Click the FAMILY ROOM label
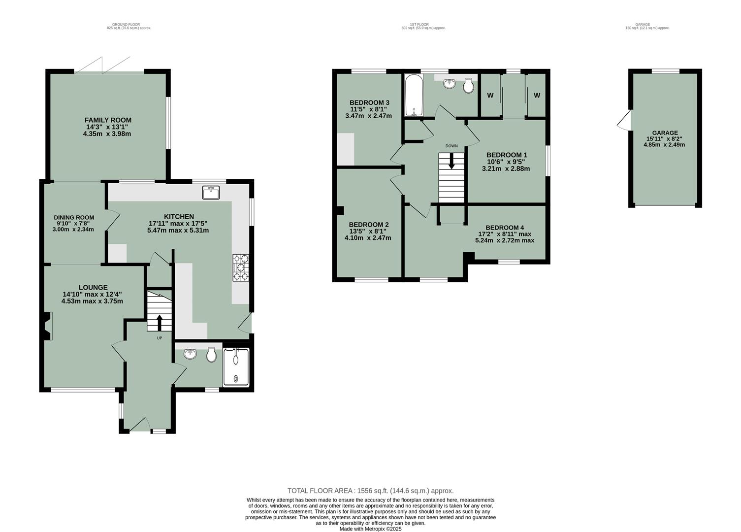108,120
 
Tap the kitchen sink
211,192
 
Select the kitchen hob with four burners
241,267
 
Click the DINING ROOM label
74,217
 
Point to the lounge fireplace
47,327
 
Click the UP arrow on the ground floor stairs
159,323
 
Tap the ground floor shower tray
236,367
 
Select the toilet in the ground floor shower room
211,355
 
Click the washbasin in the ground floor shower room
190,354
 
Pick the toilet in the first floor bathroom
468,87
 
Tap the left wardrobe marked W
490,96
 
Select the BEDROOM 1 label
507,155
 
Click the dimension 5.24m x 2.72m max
505,240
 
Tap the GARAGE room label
665,133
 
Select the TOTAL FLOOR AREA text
370,491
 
